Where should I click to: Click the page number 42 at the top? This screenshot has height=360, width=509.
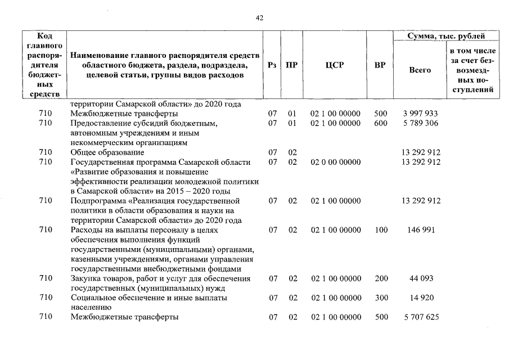[x=259, y=17]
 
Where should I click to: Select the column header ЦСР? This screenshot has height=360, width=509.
[x=335, y=65]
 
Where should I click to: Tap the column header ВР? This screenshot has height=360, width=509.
[x=380, y=65]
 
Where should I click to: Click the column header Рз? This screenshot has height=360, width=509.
[x=273, y=65]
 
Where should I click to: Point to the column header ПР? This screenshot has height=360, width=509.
[x=292, y=65]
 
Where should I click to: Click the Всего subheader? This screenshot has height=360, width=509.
[x=420, y=70]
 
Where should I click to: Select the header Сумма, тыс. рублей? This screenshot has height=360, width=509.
[x=447, y=37]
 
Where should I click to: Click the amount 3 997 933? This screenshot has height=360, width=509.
[x=420, y=114]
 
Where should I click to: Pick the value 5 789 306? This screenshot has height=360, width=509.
[x=420, y=123]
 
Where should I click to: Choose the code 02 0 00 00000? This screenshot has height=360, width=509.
[x=335, y=162]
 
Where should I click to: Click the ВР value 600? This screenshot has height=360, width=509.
[x=381, y=123]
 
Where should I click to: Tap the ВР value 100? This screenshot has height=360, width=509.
[x=381, y=229]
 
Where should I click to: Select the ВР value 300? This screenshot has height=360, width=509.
[x=381, y=298]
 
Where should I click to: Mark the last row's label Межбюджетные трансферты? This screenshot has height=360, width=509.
[x=124, y=317]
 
